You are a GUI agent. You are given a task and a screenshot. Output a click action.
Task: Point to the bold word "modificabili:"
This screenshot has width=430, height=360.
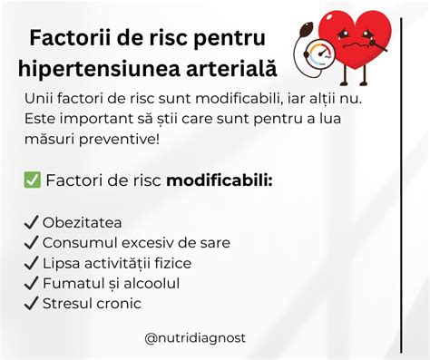[220, 181]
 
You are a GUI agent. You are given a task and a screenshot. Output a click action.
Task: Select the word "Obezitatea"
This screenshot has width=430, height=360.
[83, 223]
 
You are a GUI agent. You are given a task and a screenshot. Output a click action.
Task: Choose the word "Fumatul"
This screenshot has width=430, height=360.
[73, 283]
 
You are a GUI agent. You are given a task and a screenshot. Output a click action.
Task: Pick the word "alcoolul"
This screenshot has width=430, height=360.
[151, 283]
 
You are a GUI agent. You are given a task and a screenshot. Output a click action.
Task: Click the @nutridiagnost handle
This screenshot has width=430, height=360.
[195, 338]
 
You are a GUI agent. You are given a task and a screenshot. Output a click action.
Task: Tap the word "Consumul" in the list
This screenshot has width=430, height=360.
[76, 243]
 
